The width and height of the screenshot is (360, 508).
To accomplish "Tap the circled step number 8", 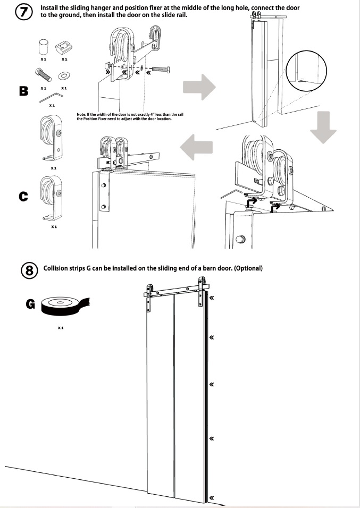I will pyautogui.click(x=30, y=270).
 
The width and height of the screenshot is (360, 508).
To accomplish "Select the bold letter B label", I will pyautogui.click(x=23, y=90).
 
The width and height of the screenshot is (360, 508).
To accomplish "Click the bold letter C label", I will pyautogui.click(x=23, y=197).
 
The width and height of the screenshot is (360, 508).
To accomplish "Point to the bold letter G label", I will pyautogui.click(x=30, y=304).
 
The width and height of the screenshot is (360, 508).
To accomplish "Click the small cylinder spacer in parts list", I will pyautogui.click(x=43, y=47).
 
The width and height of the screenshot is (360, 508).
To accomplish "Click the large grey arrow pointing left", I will pyautogui.click(x=197, y=146).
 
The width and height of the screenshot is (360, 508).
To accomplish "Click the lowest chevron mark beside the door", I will pyautogui.click(x=212, y=497).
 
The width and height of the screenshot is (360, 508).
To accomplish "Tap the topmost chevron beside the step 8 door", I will pyautogui.click(x=211, y=299).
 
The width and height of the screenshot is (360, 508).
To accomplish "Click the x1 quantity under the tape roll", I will pyautogui.click(x=61, y=328).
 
